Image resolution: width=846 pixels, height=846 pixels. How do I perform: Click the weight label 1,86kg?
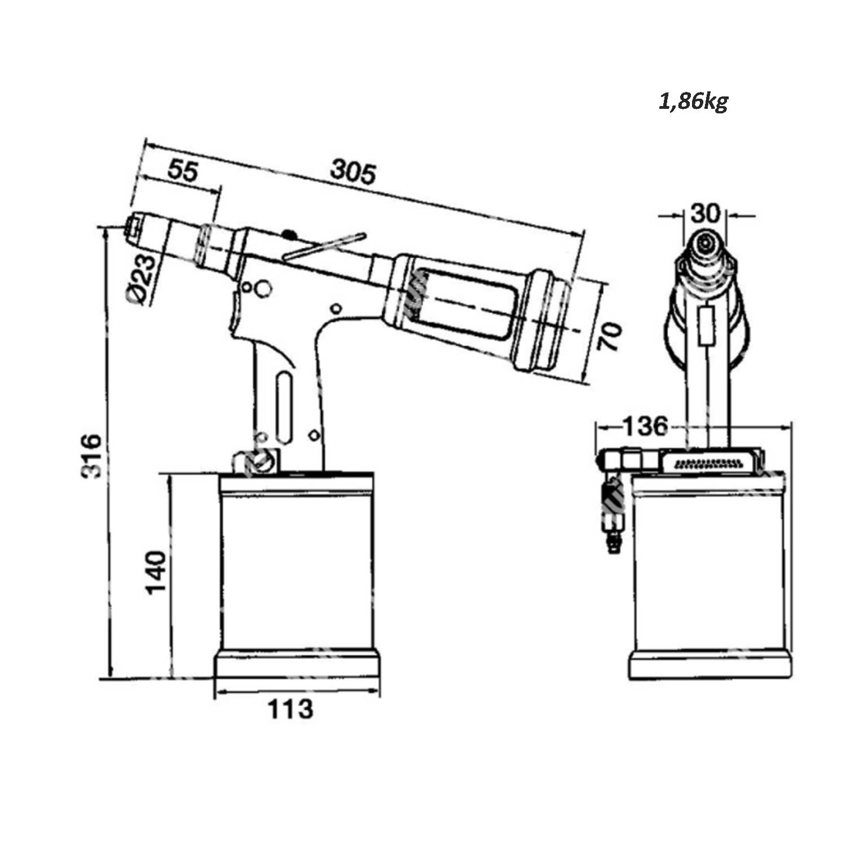point(693,102)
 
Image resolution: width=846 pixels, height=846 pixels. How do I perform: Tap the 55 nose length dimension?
point(183,170)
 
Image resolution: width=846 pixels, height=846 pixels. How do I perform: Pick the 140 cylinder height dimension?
point(156,572)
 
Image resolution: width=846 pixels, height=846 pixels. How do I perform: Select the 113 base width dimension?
point(290,709)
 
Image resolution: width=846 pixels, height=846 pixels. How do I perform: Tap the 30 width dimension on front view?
point(706,214)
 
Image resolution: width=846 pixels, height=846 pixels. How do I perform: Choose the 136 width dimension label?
point(645,426)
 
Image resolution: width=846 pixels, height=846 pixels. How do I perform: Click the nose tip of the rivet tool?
point(134,228)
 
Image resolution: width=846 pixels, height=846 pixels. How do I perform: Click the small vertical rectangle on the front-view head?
point(705,325)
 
